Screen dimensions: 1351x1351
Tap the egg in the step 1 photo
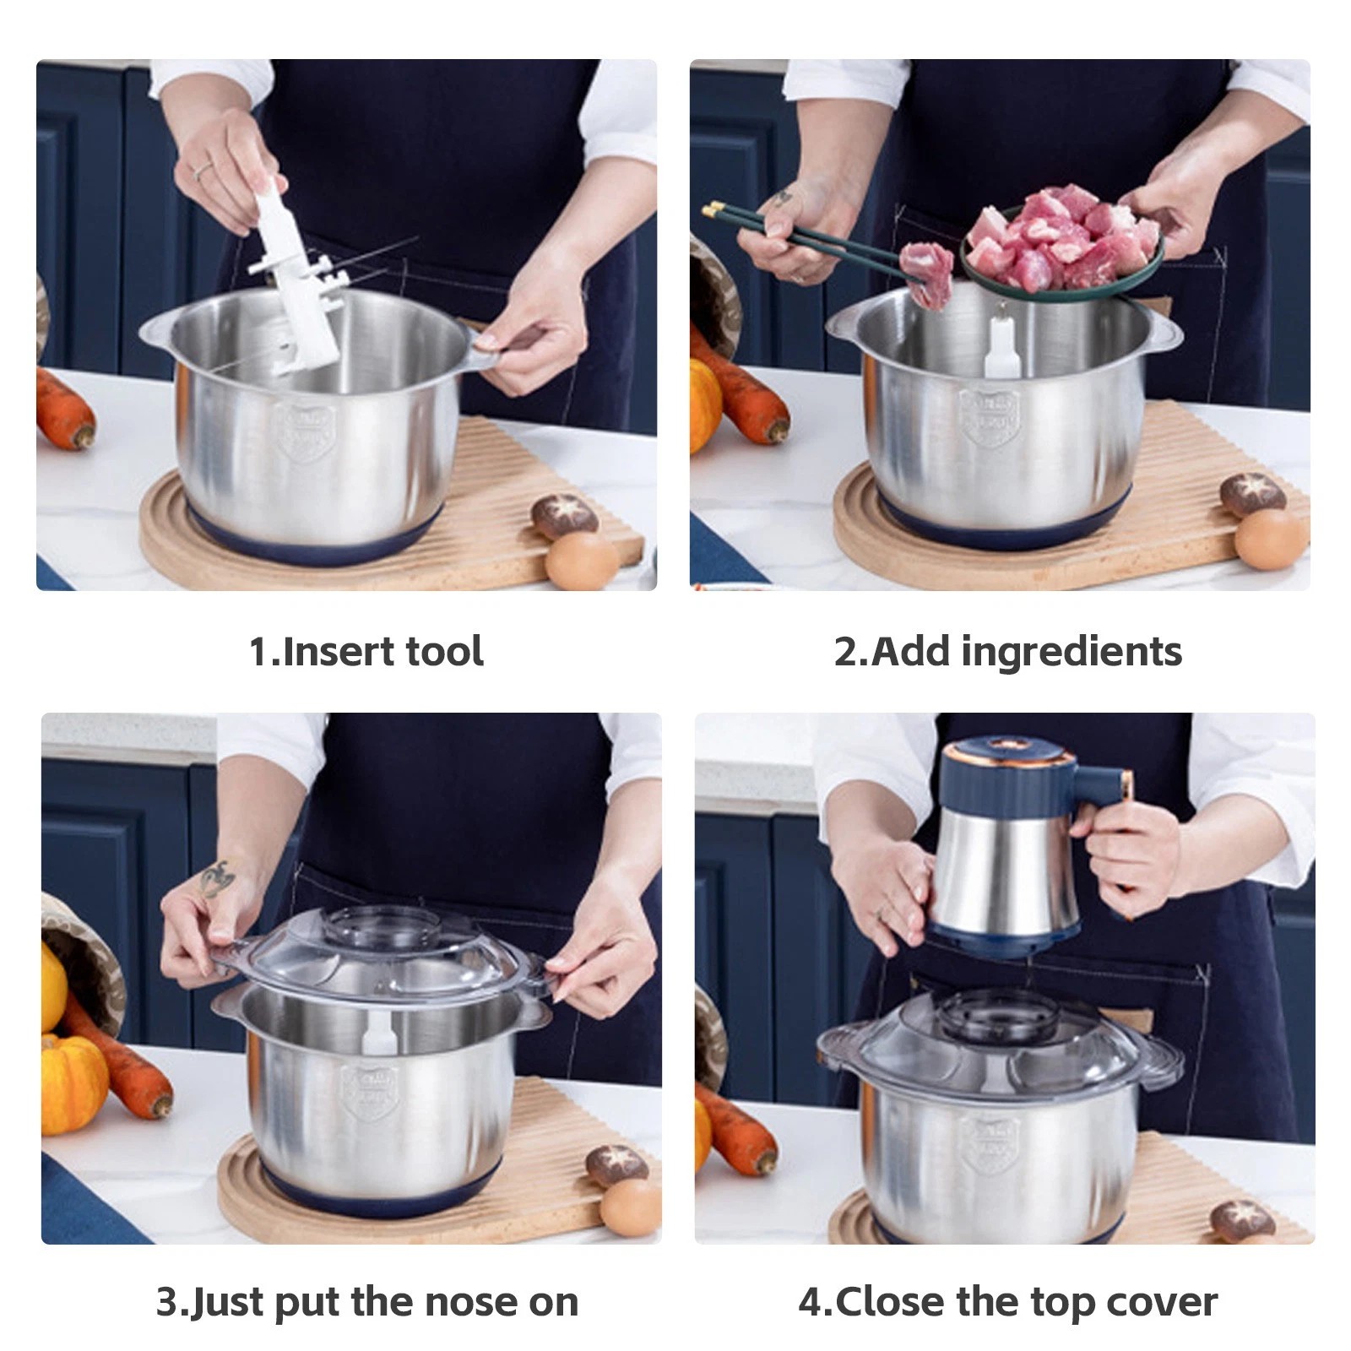(581, 561)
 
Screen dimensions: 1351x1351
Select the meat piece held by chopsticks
(927, 272)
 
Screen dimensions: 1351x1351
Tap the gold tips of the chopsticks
(714, 208)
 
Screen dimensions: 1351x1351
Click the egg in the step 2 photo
(1269, 539)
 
